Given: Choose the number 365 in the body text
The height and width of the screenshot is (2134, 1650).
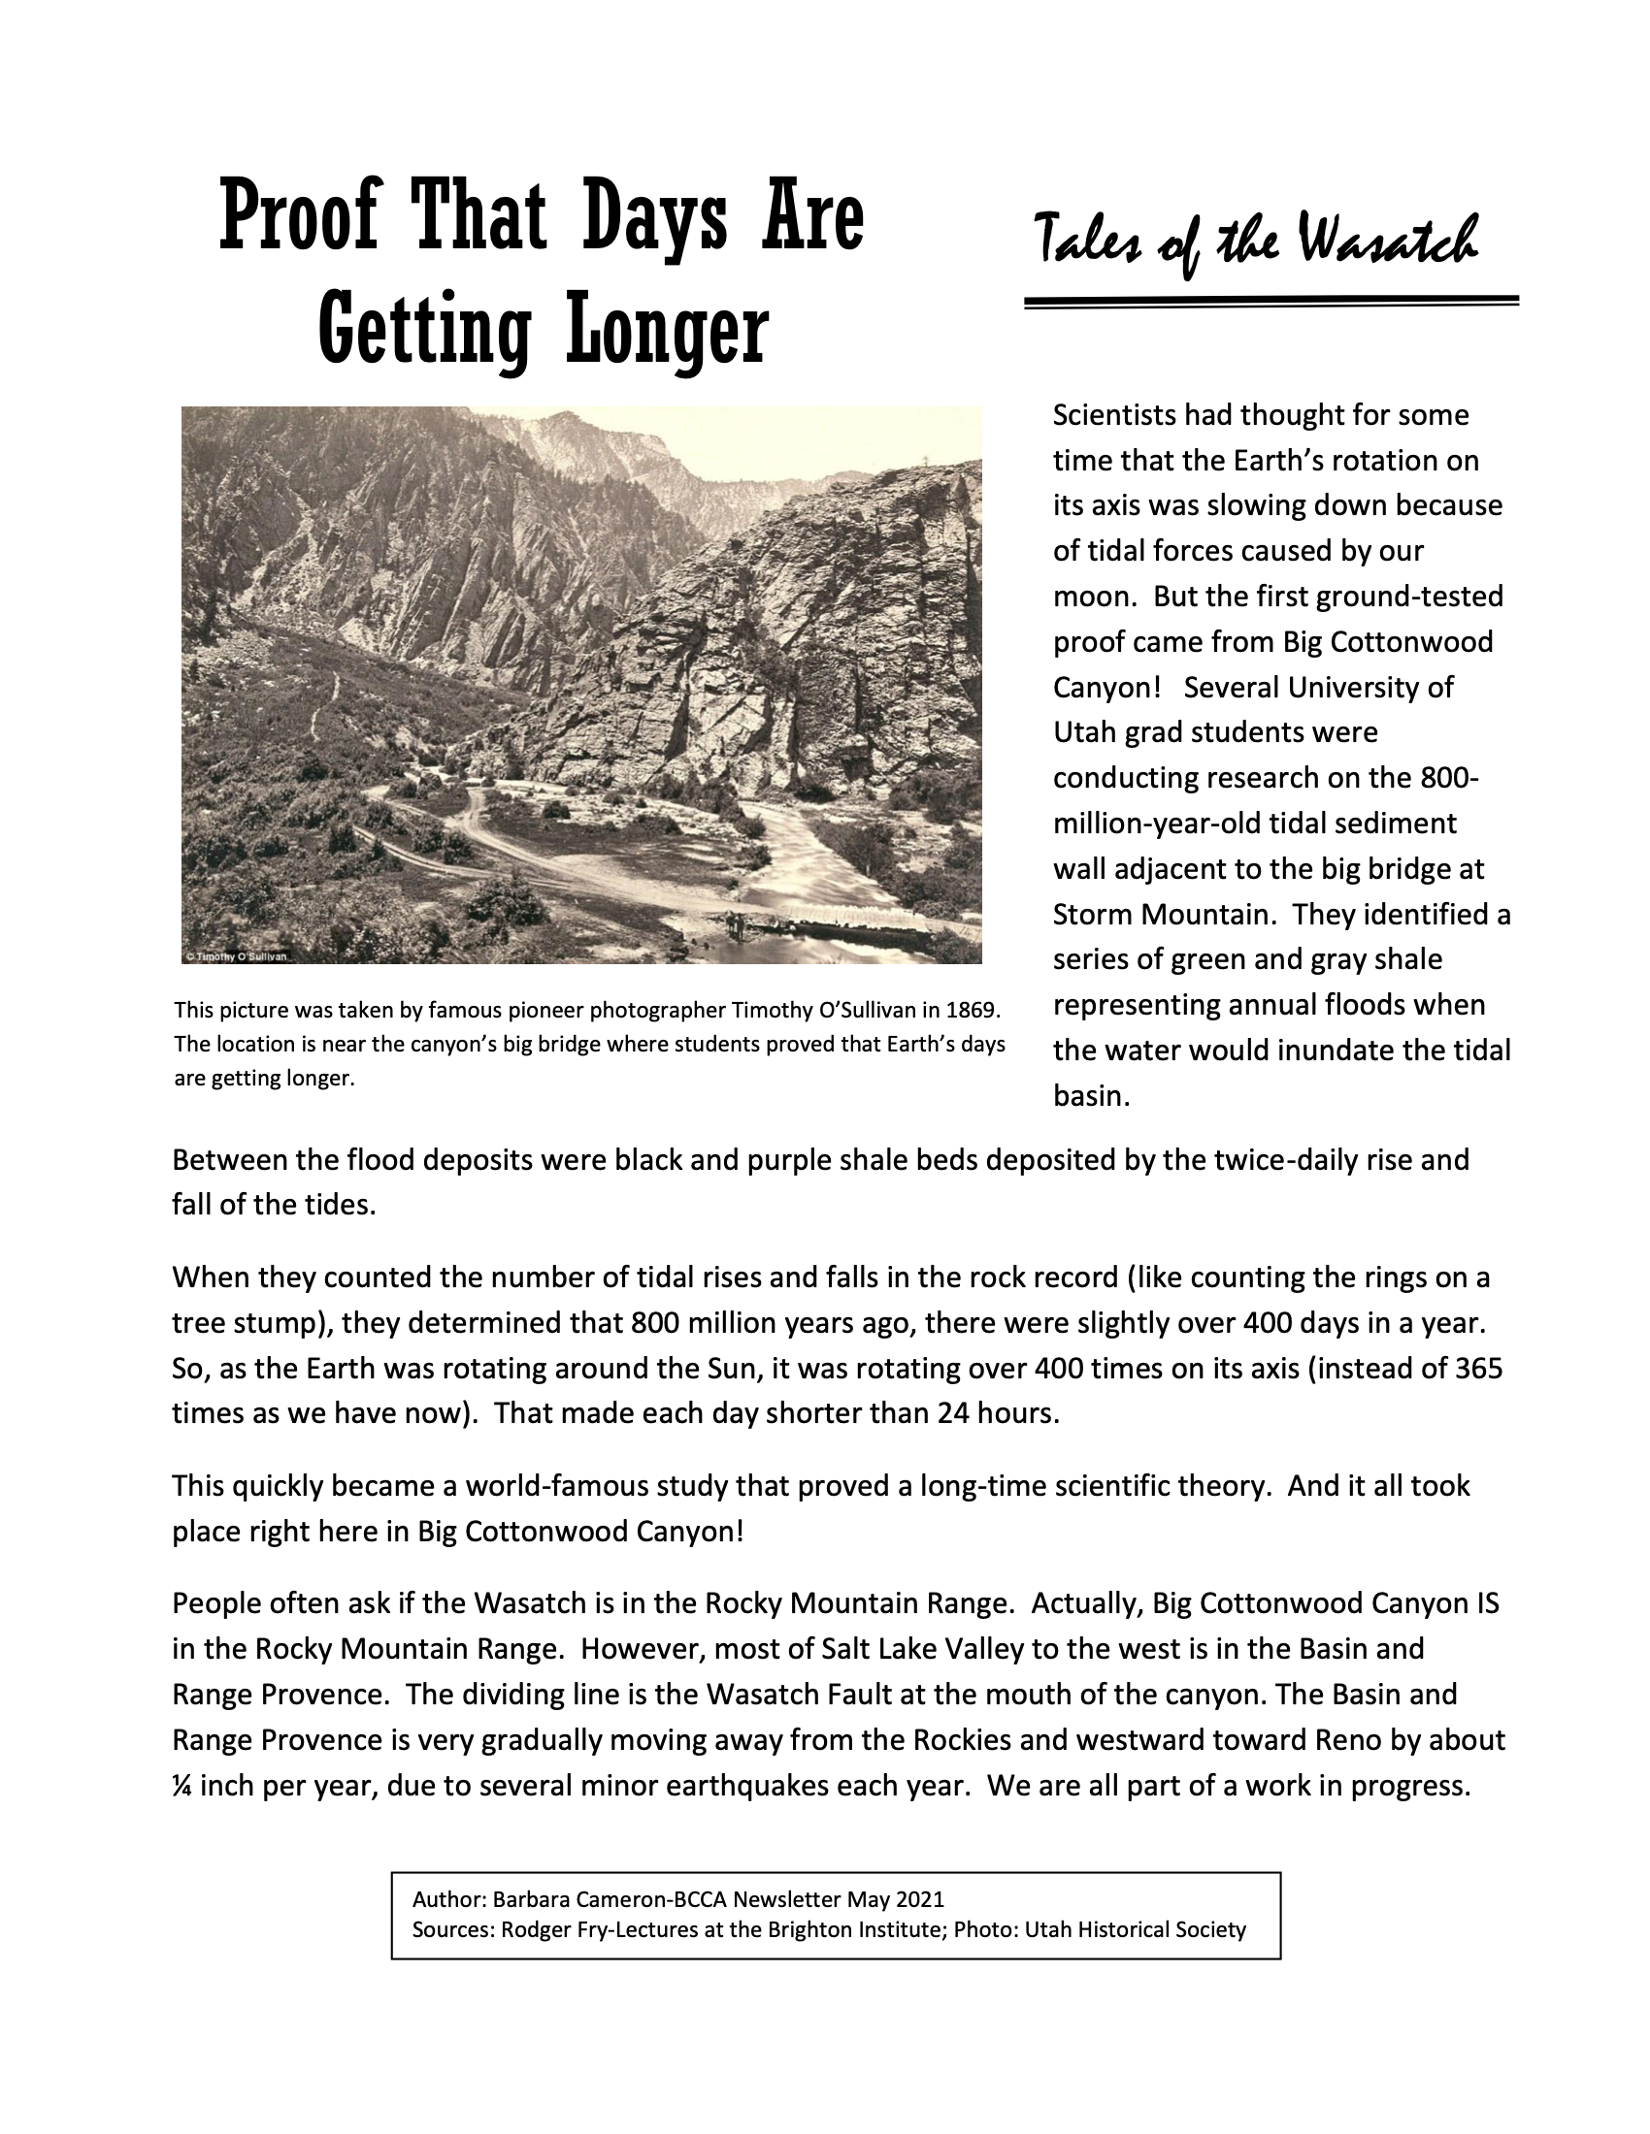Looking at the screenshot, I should click(x=1478, y=1368).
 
